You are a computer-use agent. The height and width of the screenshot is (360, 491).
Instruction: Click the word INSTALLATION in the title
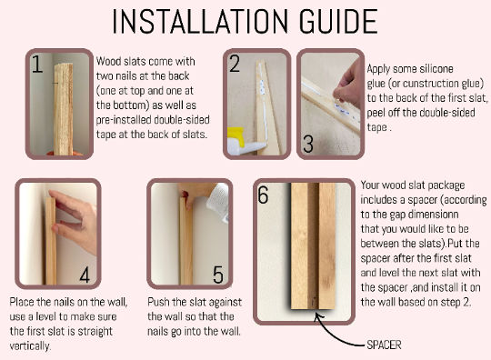(200, 21)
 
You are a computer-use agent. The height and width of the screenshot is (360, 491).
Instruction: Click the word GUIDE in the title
(338, 21)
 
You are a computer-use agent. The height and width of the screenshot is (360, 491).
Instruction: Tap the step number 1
(37, 65)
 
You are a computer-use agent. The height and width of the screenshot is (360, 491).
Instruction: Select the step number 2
(235, 64)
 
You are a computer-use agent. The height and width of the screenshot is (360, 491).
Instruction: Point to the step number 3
(308, 144)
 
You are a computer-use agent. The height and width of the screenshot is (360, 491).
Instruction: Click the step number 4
(85, 275)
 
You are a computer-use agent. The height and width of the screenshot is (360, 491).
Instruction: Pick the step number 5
(218, 275)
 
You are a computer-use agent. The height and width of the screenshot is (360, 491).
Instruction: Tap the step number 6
(263, 195)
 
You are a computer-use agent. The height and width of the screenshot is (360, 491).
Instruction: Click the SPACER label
(384, 345)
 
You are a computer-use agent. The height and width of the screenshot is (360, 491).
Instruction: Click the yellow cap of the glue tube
(235, 136)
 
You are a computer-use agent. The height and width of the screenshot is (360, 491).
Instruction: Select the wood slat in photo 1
(64, 109)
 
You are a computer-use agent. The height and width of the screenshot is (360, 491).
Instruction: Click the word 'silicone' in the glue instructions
(436, 68)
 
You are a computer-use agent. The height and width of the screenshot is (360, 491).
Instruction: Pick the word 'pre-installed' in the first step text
(124, 120)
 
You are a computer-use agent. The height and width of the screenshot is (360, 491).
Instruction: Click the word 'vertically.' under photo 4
(30, 346)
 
